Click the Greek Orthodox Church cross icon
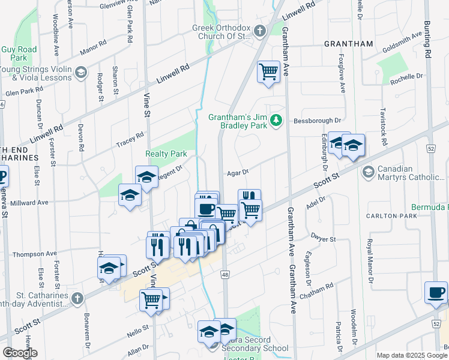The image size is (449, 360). [259, 31]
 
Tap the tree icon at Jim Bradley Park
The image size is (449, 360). [276, 121]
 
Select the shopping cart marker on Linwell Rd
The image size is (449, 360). [268, 72]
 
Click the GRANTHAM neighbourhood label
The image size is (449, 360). [348, 44]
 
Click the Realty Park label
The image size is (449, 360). [166, 154]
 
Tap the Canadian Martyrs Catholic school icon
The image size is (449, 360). [367, 173]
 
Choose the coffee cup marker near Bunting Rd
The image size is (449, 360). [436, 292]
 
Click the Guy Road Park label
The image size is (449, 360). [19, 53]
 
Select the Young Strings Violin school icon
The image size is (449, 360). [80, 73]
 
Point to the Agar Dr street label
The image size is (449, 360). [238, 173]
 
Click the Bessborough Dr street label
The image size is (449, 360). [316, 121]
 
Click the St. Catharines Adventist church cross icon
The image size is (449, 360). [77, 298]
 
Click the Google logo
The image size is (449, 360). [20, 353]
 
